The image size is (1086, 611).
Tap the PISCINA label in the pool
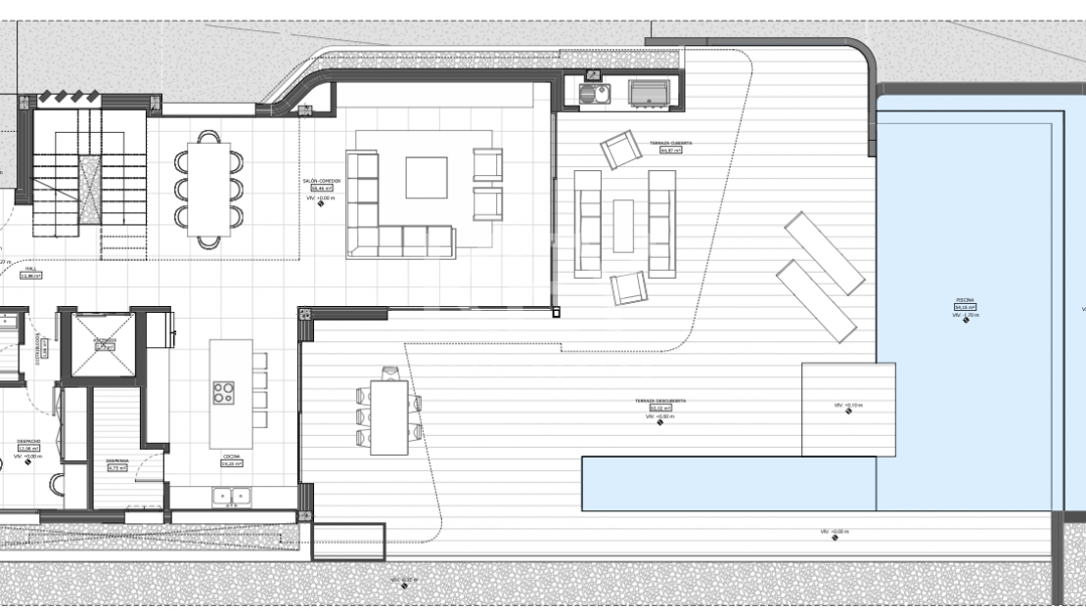click(965, 300)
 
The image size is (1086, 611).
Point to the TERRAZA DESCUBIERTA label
click(660, 401)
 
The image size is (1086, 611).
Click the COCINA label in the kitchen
click(232, 457)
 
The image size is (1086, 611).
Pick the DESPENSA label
click(117, 460)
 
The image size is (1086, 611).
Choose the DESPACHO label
click(28, 441)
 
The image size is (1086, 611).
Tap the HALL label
click(31, 269)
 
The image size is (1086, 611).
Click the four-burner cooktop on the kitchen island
click(224, 392)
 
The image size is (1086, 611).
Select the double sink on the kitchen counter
click(231, 497)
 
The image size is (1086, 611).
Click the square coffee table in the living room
click(427, 177)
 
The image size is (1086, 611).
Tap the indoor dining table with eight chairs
click(209, 189)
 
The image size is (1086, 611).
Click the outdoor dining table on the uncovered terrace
click(388, 415)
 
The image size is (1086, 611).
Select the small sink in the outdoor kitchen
click(593, 93)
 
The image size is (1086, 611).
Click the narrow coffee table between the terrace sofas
click(623, 225)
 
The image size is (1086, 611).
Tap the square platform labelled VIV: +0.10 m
click(848, 409)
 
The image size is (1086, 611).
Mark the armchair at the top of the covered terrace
click(620, 150)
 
